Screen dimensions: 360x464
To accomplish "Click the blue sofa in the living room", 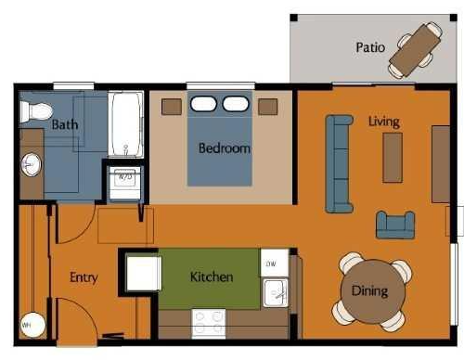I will tap(339, 163).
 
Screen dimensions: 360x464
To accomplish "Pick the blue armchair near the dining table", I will tap(394, 224).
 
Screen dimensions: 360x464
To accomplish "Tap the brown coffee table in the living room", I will tap(393, 157).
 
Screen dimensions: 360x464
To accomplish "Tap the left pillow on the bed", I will tap(205, 104).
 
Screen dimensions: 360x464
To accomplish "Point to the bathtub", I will tap(125, 123).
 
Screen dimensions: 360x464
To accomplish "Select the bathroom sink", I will tap(31, 165).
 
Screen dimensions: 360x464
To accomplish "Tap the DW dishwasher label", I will tap(271, 264).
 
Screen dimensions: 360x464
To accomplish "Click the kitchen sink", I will tap(276, 293).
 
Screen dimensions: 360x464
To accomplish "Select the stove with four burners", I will tap(209, 323).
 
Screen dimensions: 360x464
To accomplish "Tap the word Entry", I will tap(84, 276).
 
